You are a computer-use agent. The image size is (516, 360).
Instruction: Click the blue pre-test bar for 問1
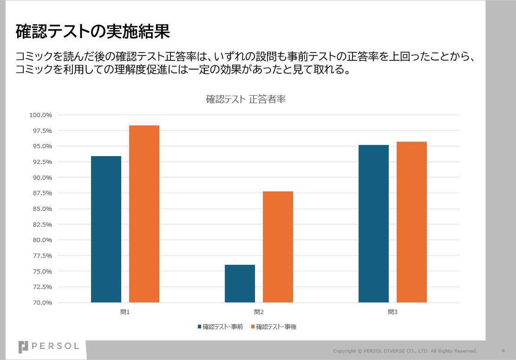[106, 229]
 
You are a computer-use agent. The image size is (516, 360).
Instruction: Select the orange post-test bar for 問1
[144, 214]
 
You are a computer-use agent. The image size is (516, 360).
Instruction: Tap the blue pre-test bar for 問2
[240, 283]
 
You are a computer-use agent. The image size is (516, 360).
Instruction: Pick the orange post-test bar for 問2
[278, 247]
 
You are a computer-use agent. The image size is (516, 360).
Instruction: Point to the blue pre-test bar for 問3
[373, 223]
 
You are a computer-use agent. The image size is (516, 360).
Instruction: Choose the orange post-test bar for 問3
[411, 222]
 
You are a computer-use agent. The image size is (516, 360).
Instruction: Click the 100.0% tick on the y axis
[41, 115]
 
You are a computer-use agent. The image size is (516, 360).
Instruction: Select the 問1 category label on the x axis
[125, 312]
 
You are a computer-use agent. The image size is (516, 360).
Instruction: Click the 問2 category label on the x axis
[259, 312]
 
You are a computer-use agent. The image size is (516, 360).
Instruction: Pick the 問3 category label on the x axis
[392, 312]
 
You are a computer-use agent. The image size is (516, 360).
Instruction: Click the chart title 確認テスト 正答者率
[246, 99]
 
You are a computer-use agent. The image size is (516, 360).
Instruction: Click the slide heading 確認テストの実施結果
[93, 32]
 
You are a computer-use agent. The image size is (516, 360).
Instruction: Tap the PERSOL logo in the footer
[49, 347]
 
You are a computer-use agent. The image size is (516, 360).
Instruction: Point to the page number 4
[503, 351]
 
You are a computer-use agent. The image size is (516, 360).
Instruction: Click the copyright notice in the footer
[405, 351]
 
